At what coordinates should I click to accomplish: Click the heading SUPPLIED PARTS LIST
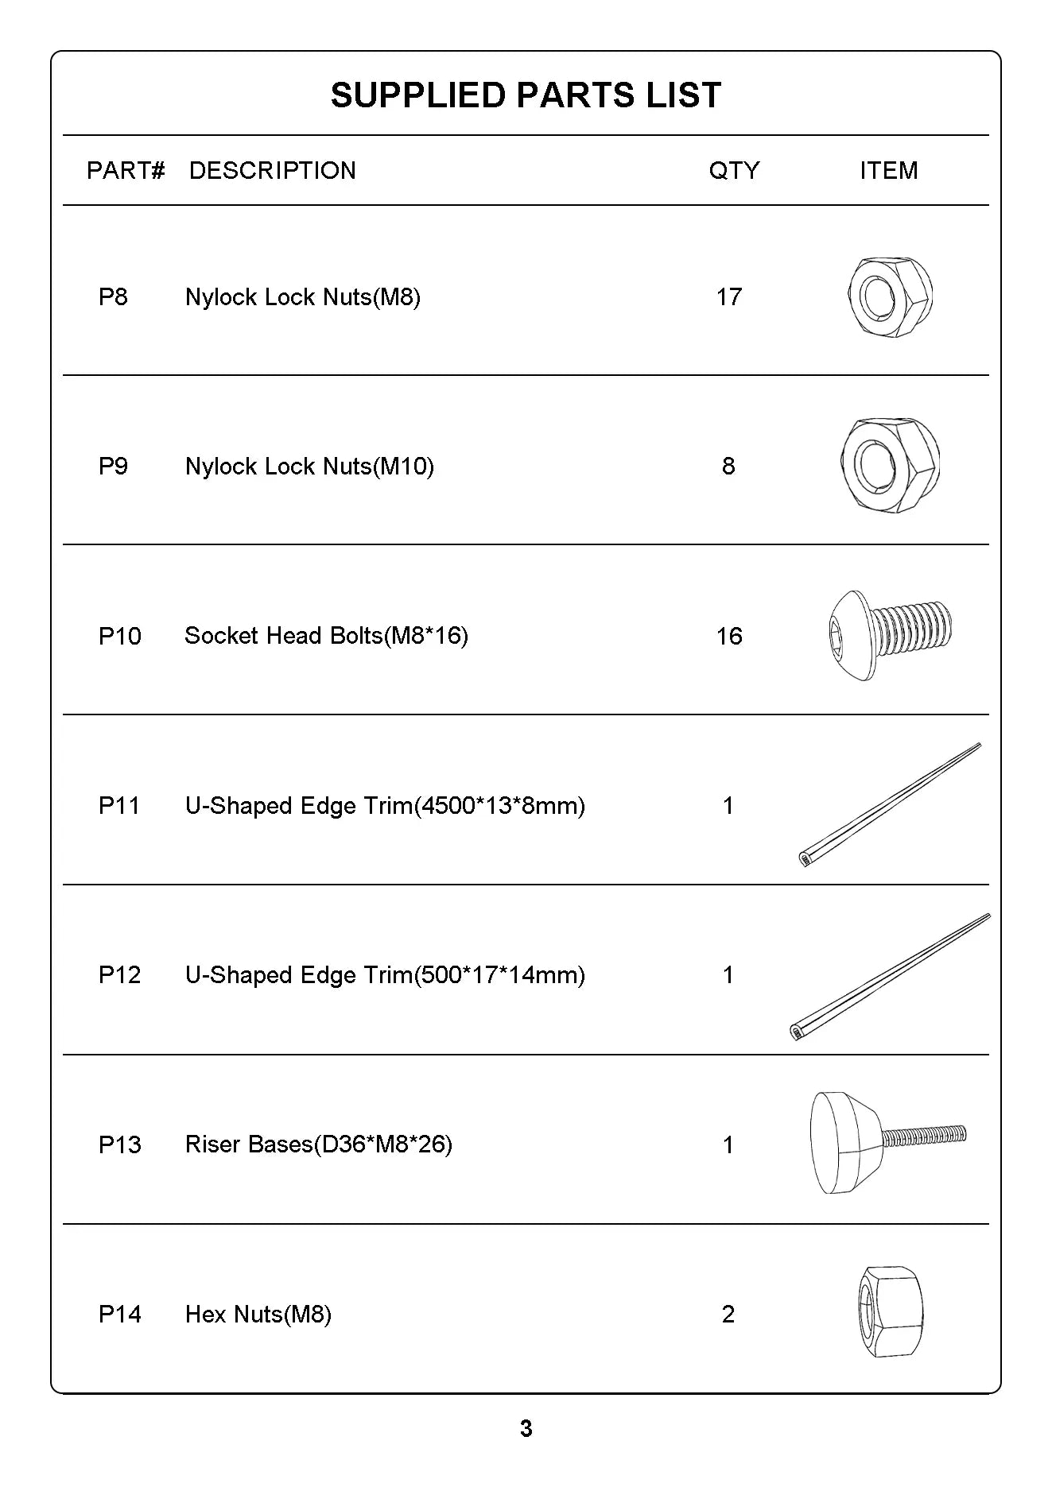pos(526,95)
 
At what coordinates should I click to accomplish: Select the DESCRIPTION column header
pos(272,170)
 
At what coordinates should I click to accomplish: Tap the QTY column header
pos(734,170)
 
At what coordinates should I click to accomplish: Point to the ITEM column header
pos(888,170)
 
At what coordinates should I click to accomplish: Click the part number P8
pos(113,297)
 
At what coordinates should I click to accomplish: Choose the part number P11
pos(119,806)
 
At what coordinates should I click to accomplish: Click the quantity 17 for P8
pos(728,297)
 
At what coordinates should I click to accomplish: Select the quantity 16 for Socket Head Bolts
pos(728,637)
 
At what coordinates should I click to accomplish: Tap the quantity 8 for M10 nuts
pos(728,467)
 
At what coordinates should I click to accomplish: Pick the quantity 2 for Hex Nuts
pos(728,1315)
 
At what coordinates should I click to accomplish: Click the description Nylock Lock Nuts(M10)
pos(309,467)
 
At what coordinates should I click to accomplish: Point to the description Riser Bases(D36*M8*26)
pos(318,1144)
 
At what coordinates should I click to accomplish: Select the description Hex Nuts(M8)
pos(258,1315)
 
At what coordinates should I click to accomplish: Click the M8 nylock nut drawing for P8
pos(890,296)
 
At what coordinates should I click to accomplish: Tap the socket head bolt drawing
pos(889,635)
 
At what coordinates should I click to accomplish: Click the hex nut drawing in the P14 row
pos(890,1311)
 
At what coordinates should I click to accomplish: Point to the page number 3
pos(526,1429)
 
